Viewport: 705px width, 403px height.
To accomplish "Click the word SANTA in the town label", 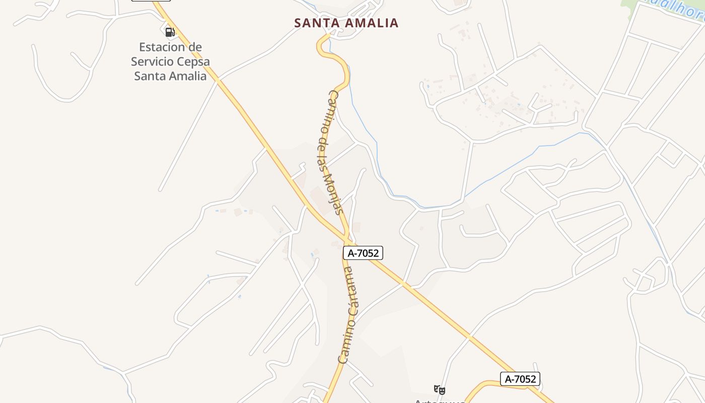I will [316, 23].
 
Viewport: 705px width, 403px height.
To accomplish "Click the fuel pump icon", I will [170, 33].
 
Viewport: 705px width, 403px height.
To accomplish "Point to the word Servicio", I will [152, 61].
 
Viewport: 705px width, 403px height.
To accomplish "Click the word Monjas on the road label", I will [333, 194].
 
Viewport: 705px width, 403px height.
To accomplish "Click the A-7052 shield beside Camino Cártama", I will [363, 253].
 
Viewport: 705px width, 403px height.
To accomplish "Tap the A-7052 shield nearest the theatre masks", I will [520, 379].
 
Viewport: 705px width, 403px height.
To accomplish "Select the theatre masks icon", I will [440, 389].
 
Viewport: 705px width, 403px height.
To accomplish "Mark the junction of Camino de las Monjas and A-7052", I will [347, 237].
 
